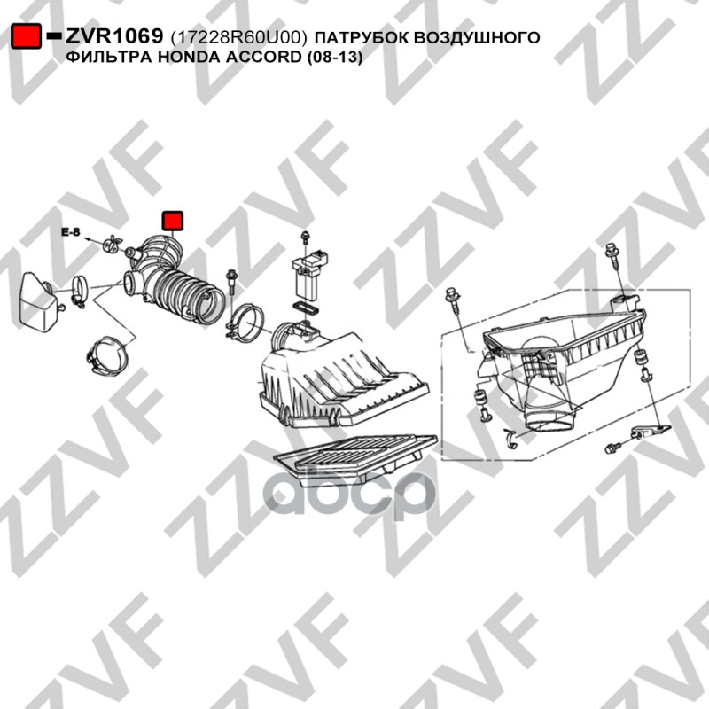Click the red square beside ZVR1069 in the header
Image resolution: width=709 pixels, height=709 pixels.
(x=26, y=35)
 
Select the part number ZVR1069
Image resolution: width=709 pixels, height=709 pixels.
(x=114, y=36)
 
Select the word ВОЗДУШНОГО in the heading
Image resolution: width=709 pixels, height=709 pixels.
(x=477, y=37)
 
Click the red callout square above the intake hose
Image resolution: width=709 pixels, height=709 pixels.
(x=172, y=221)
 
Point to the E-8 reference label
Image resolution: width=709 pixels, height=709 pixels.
(x=71, y=232)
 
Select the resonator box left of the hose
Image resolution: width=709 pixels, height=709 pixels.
(x=38, y=301)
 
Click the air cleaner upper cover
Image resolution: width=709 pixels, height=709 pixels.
(x=343, y=379)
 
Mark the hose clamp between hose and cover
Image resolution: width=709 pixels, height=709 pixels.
(x=245, y=323)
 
